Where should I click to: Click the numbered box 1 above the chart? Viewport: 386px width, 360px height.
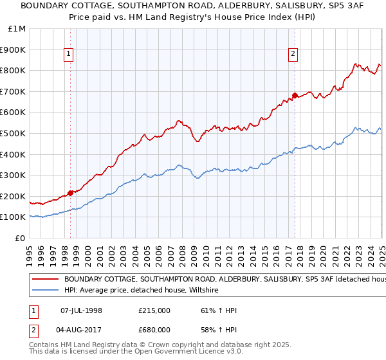68,55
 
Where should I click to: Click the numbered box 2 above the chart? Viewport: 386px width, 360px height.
293,55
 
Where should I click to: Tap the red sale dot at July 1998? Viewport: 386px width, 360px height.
70,192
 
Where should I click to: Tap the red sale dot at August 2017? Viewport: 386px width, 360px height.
295,96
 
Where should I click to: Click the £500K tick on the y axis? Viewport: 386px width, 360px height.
14,133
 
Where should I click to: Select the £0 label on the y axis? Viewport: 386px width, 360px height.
21,238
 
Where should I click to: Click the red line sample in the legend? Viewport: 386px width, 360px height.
45,280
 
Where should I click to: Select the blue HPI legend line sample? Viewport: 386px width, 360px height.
45,291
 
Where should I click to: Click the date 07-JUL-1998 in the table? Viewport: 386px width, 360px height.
80,310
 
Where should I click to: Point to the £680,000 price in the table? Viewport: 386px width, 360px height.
154,329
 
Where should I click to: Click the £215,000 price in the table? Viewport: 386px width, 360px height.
154,310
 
